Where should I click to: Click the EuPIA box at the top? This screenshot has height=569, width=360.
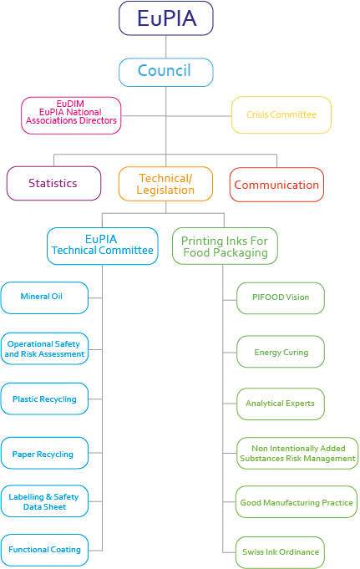coord(166,18)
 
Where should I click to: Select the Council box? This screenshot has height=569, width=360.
coord(166,72)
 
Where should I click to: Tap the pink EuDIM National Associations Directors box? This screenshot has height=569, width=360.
coord(71,115)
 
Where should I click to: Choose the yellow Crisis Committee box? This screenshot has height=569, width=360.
coord(281,115)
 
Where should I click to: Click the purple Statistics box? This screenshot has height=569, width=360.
coord(53,183)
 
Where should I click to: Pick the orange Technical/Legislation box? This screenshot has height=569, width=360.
coord(165,184)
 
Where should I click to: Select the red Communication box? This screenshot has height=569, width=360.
coord(276,185)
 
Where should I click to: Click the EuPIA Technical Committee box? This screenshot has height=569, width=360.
coord(103,246)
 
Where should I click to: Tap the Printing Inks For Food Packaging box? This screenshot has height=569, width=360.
coord(225,246)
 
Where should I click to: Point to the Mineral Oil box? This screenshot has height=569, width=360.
coord(44,298)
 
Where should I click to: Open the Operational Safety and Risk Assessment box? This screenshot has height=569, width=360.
coord(44,348)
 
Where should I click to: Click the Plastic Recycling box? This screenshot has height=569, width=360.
coord(44,399)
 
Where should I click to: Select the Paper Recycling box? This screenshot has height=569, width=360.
coord(44,453)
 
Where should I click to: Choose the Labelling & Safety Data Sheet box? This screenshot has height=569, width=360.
coord(44,501)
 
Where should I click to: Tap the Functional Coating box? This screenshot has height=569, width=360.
coord(44,550)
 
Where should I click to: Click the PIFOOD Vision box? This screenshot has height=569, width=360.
coord(281,298)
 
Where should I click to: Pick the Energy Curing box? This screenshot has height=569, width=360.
coord(281,352)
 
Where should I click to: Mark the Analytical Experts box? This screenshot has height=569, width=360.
coord(281,404)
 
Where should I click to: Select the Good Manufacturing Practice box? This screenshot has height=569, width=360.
coord(297,502)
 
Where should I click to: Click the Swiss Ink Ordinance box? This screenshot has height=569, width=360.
coord(280,552)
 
